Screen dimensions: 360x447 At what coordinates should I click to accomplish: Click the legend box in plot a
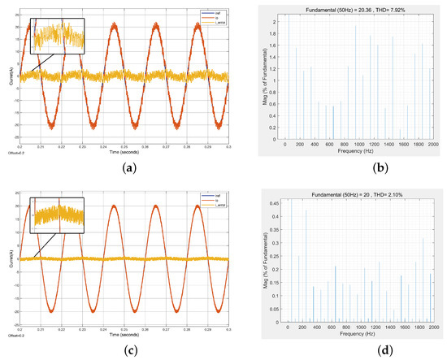coord(208,16)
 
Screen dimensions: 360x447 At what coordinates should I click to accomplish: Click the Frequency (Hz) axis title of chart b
coord(358,152)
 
